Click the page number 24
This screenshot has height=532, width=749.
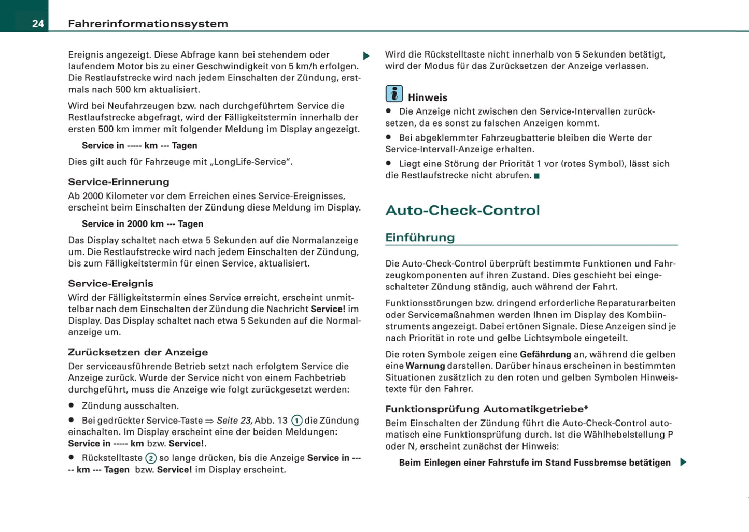(x=38, y=24)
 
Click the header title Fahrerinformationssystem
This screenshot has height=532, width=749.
(x=148, y=24)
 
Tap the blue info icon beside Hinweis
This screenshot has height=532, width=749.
(x=394, y=94)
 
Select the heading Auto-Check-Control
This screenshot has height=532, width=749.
(x=462, y=210)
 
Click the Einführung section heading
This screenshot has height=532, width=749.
(x=420, y=237)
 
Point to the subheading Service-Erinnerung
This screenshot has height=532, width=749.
(x=119, y=182)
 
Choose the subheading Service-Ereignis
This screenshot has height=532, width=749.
(x=110, y=284)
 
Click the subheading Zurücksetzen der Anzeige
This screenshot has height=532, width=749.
(x=138, y=352)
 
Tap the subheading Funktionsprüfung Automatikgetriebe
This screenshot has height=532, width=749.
(x=486, y=409)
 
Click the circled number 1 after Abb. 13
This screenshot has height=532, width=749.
(x=297, y=421)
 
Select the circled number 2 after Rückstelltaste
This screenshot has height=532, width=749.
(x=151, y=458)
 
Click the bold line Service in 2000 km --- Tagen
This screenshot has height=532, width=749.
(x=143, y=224)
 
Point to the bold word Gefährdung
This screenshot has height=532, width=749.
(x=545, y=355)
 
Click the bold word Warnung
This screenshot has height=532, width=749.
(x=425, y=366)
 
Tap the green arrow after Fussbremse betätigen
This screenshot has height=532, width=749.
(x=683, y=462)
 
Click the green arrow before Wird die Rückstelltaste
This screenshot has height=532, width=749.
(x=366, y=56)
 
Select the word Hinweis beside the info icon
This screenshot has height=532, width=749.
(x=428, y=97)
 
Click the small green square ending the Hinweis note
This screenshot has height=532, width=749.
(x=537, y=176)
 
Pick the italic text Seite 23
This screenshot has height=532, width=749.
(x=234, y=421)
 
